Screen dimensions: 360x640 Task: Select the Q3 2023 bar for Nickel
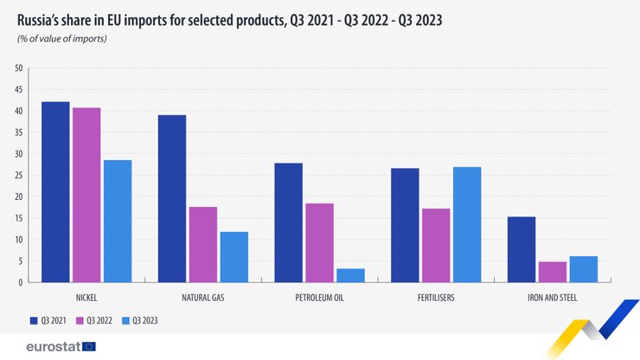(x=118, y=222)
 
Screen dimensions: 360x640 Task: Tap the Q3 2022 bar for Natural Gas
(x=203, y=245)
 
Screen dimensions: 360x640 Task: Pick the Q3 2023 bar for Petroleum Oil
(x=350, y=275)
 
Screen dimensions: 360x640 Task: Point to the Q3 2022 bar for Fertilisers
(x=436, y=246)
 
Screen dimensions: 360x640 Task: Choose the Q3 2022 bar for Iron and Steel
(x=553, y=272)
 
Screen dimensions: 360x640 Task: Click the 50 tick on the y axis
(x=17, y=68)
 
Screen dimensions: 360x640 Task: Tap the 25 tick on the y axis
(x=17, y=176)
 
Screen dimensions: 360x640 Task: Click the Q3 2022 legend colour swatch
(x=80, y=320)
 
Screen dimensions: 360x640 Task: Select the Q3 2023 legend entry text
(x=144, y=320)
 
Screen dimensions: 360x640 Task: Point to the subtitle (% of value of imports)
(x=61, y=39)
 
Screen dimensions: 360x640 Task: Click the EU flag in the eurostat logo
(x=89, y=346)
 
